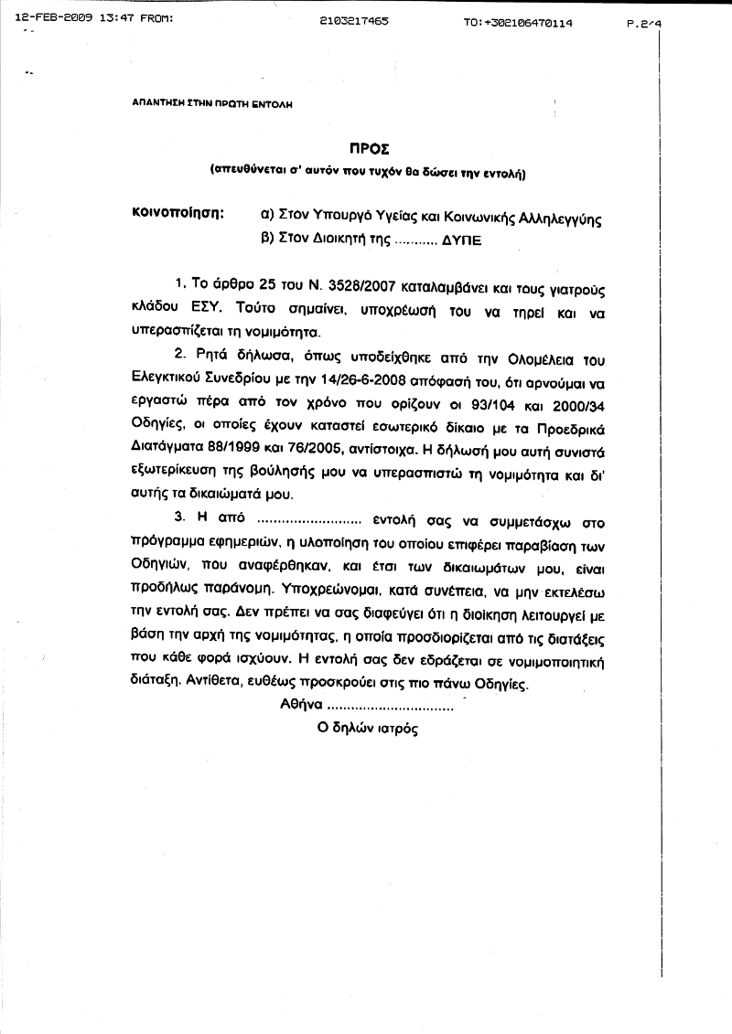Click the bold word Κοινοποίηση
178,213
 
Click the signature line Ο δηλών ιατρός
367,730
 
